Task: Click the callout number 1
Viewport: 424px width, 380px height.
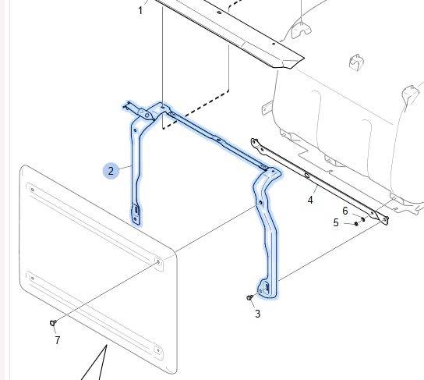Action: [140, 11]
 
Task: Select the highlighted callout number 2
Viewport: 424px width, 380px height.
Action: [111, 171]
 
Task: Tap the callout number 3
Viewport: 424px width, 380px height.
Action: [257, 314]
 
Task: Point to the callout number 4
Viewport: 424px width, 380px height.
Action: [310, 201]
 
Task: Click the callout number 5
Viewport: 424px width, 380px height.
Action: [336, 222]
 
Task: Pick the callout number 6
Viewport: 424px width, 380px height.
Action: [345, 211]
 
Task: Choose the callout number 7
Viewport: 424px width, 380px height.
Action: [58, 340]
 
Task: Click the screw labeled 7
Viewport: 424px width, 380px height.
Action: [53, 322]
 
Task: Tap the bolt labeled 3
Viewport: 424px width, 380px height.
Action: [249, 297]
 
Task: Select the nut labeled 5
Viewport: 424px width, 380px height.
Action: [356, 224]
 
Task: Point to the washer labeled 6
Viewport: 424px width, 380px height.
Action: [363, 219]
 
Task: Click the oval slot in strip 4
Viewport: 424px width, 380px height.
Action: [307, 175]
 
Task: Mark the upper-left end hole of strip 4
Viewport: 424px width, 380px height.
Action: [254, 141]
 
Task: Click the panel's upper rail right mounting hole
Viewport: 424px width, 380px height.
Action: [158, 261]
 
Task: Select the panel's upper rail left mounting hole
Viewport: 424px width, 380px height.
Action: [33, 190]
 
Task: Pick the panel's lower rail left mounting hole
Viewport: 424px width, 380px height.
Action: [33, 278]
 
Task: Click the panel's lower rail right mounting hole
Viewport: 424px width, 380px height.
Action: [158, 350]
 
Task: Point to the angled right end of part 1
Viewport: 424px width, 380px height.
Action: [293, 62]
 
